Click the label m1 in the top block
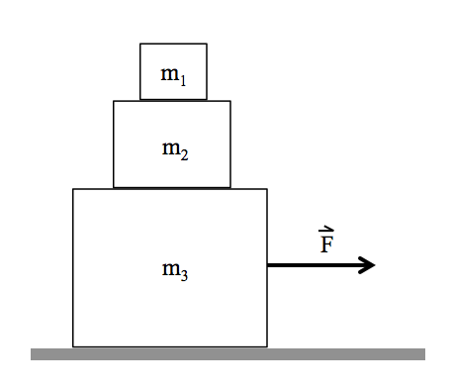coord(172,75)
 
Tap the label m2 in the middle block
coord(175,150)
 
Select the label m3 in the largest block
coord(174,268)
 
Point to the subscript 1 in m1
coord(181,80)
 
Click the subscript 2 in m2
coord(184,155)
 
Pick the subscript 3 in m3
coord(183,273)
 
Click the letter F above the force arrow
coord(326,242)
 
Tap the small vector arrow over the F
coord(326,231)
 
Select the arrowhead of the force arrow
coord(369,264)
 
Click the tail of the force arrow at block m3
coord(269,264)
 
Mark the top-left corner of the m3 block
coord(73,189)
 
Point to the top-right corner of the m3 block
coord(267,189)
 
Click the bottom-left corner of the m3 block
coord(73,346)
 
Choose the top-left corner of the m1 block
coord(140,44)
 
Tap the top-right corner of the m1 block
coord(207,44)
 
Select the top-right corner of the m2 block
coord(230,101)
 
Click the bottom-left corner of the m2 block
coord(114,187)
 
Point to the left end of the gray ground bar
coord(33,353)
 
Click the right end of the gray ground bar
coord(423,353)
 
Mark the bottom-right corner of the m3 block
coord(267,346)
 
